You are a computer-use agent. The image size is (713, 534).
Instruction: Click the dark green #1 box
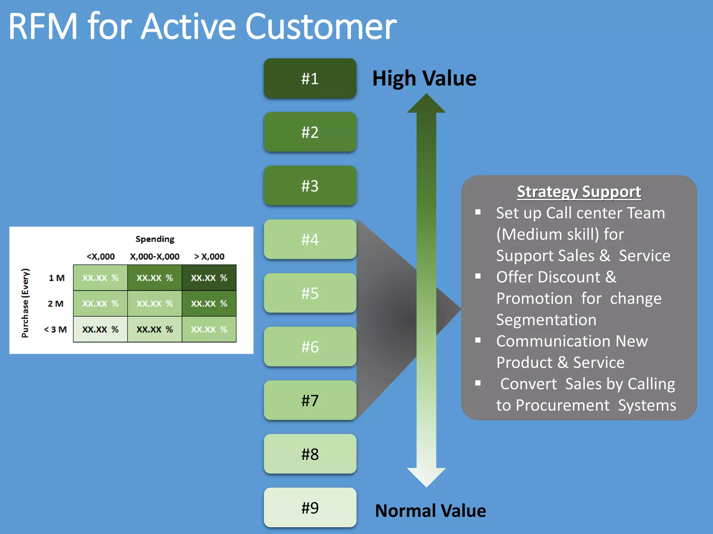(310, 79)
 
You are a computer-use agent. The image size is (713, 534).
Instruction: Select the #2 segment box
(310, 132)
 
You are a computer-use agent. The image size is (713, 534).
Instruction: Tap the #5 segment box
(310, 293)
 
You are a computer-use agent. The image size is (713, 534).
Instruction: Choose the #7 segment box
(310, 400)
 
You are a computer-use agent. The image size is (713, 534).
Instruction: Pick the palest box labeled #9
(310, 508)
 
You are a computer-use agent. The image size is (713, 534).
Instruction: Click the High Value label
(424, 78)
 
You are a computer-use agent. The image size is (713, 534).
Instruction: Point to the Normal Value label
(430, 511)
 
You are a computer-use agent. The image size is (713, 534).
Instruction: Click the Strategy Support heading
(579, 192)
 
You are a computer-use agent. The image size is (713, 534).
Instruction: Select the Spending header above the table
(155, 239)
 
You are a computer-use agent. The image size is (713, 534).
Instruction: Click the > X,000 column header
(209, 257)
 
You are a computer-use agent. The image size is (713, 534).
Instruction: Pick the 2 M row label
(56, 304)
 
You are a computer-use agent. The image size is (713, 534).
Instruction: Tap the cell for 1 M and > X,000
(209, 278)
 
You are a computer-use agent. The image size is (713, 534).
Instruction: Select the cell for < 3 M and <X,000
(100, 329)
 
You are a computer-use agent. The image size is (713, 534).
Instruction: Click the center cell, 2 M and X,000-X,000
(155, 304)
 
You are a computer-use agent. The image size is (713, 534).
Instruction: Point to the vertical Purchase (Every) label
(25, 303)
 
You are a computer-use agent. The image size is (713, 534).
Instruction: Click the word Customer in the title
(321, 27)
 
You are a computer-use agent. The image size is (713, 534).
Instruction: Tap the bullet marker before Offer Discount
(478, 276)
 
